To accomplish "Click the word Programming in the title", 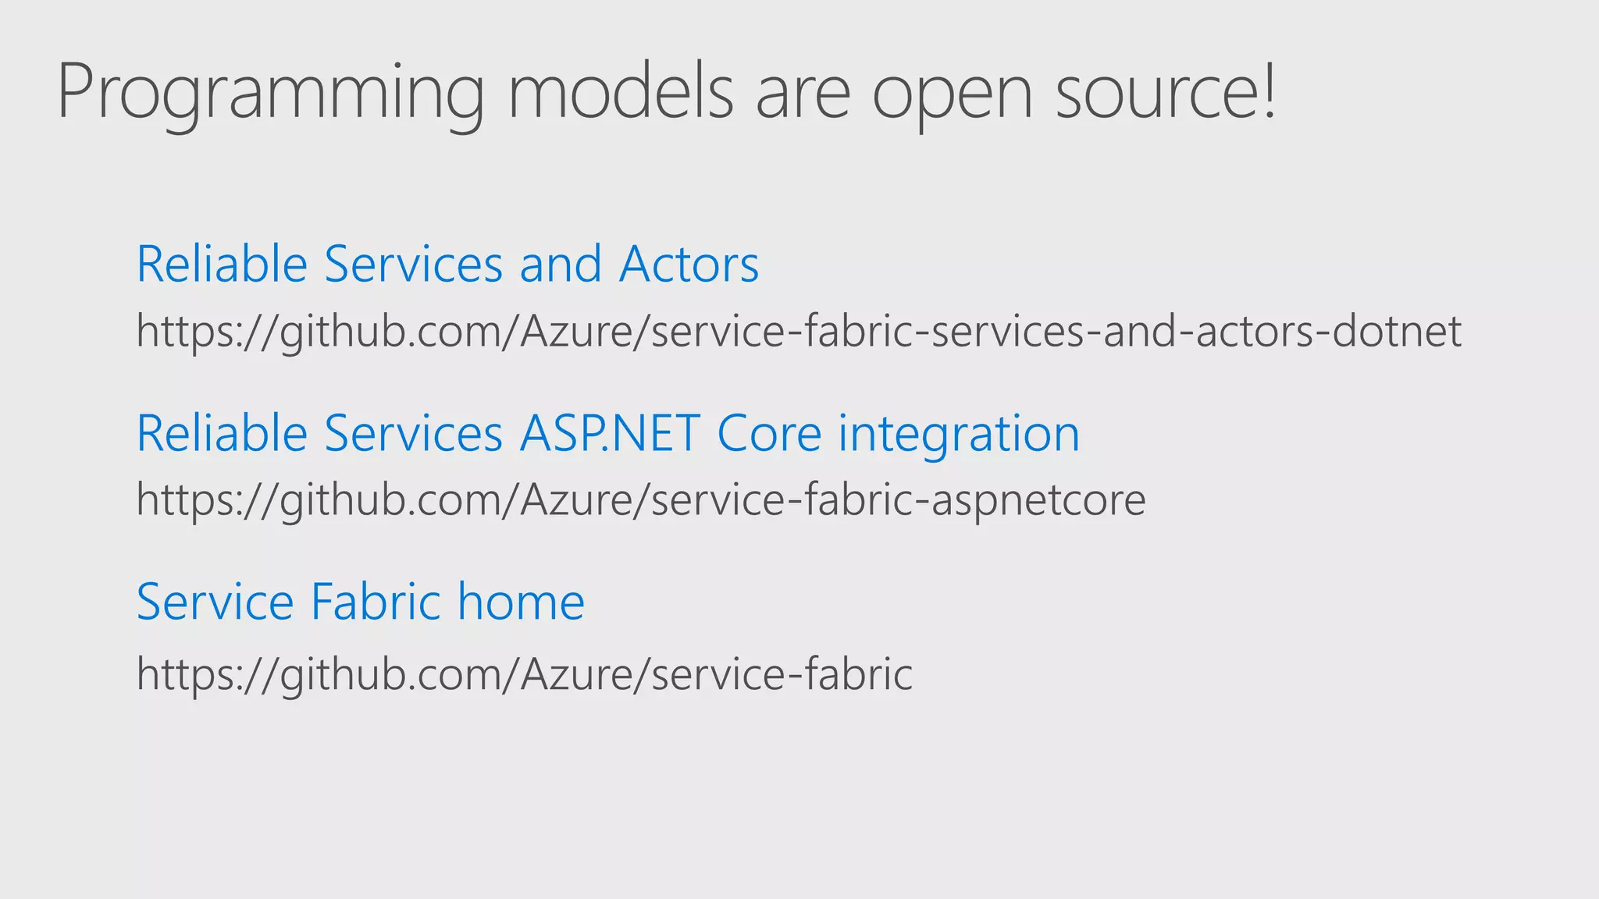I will click(270, 94).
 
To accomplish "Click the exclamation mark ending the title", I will click(1269, 91).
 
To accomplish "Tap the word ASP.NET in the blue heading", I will click(609, 433).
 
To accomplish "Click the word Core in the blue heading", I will click(769, 433).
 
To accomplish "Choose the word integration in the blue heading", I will click(959, 435).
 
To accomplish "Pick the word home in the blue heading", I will click(521, 602).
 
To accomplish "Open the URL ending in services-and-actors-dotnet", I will click(799, 332).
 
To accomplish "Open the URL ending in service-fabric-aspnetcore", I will click(641, 500).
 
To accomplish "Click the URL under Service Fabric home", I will click(524, 673).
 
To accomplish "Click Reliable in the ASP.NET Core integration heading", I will click(222, 433).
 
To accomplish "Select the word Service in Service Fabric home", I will click(215, 602).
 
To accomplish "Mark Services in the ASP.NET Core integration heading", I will click(413, 433).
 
